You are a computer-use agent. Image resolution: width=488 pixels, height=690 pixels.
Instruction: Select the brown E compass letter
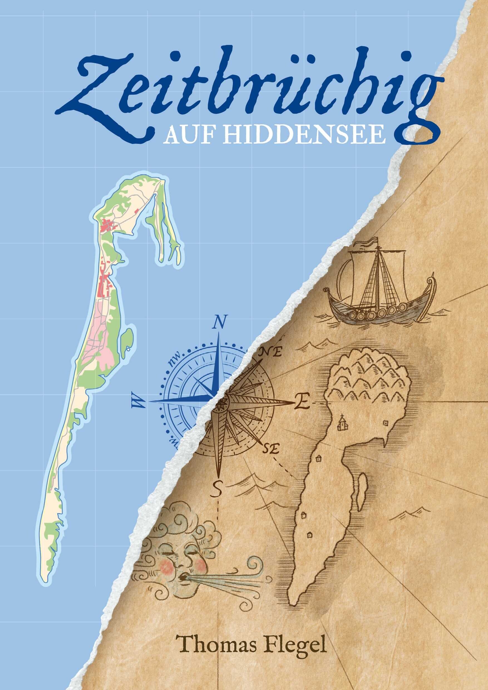tap(302, 402)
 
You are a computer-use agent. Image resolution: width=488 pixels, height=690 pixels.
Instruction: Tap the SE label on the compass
tap(271, 449)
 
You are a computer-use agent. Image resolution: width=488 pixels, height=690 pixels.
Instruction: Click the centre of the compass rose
tap(222, 402)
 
